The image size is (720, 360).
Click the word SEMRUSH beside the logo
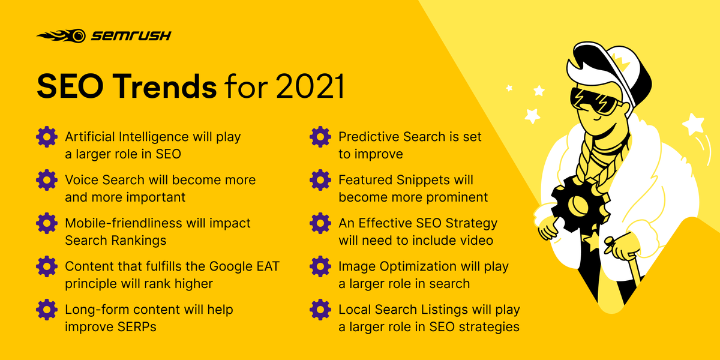131,36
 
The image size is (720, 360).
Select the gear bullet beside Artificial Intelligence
46,137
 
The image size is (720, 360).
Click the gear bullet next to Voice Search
46,180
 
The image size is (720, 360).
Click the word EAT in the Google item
266,266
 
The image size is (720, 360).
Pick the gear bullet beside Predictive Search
320,137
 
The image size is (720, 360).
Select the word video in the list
476,241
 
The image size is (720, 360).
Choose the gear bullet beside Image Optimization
320,266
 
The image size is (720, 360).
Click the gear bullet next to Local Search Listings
320,310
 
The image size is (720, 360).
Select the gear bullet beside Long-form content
46,310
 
